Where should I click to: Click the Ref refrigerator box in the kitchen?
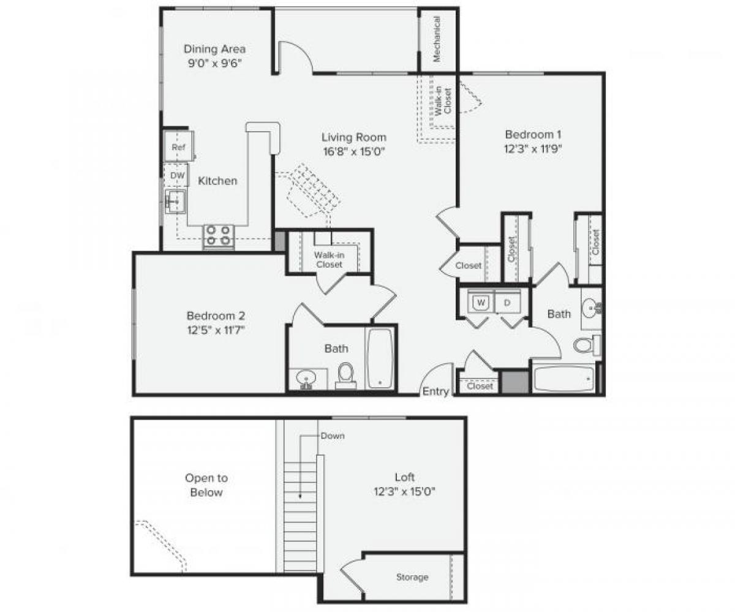coord(178,148)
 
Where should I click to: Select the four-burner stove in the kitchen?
coord(219,236)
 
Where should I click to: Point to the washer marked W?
coord(481,303)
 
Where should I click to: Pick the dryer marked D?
coord(508,303)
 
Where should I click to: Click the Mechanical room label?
coord(437,39)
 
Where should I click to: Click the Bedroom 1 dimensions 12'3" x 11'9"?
coord(533,148)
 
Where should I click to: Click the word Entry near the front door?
coord(435,391)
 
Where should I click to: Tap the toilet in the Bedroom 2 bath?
coord(346,374)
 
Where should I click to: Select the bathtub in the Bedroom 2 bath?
coord(381,359)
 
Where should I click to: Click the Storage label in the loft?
coord(412,577)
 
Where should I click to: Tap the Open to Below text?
coord(206,485)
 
